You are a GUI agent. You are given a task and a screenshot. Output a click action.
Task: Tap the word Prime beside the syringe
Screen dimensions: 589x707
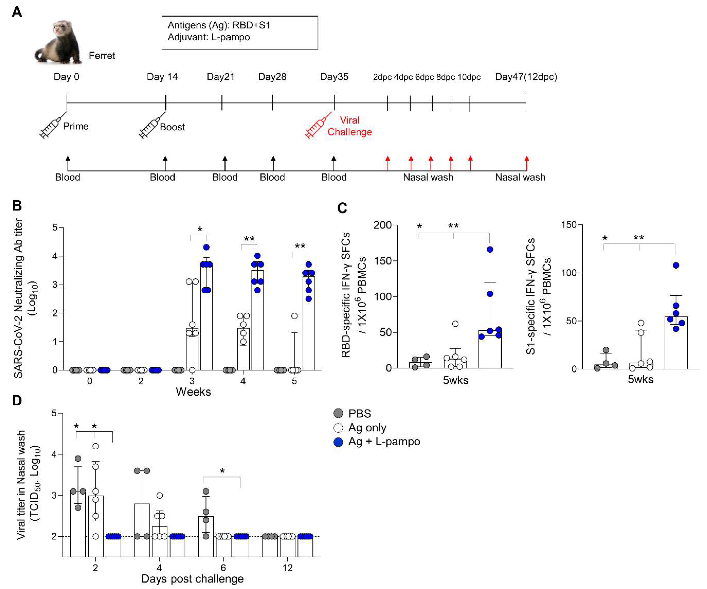(76, 126)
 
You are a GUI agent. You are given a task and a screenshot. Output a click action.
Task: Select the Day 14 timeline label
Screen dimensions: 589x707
(162, 77)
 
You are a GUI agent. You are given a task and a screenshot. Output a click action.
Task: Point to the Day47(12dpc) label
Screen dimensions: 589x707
(526, 77)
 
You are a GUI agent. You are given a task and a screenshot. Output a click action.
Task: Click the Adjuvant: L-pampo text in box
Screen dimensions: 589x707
(209, 37)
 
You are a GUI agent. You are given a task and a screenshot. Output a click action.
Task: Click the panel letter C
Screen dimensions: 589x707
(342, 208)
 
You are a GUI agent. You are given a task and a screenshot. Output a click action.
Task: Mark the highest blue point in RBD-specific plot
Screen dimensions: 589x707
(490, 249)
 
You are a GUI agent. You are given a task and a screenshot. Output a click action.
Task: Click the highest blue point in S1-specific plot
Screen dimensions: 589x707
(676, 265)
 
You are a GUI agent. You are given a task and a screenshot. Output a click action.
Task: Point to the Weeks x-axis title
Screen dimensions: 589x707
(193, 392)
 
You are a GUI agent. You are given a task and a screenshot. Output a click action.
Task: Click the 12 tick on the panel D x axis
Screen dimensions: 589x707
(287, 568)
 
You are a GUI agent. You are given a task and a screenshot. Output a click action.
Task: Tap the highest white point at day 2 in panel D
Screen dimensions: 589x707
(96, 446)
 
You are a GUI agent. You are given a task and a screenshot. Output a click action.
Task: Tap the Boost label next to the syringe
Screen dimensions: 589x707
(172, 127)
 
